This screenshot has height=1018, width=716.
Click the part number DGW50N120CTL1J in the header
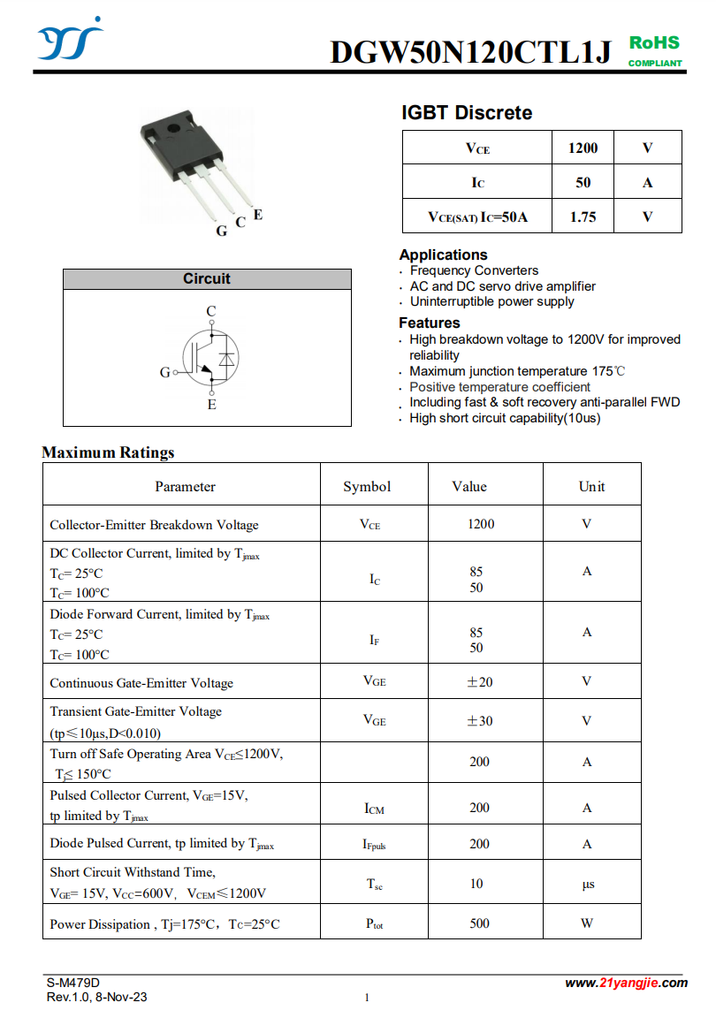470,53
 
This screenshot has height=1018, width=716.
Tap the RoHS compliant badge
655,51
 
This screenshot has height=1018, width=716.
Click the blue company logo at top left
70,41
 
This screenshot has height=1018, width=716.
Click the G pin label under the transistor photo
221,231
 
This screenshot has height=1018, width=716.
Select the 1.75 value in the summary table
583,217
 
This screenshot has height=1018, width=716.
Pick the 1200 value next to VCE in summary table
583,148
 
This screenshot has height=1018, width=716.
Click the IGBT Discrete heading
467,113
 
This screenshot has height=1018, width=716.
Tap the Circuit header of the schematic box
207,279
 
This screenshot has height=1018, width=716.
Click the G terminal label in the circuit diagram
164,373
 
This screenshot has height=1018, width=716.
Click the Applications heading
443,254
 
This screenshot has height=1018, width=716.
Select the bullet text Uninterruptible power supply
491,301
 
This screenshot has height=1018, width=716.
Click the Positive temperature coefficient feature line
499,387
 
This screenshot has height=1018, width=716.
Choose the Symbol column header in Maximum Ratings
367,487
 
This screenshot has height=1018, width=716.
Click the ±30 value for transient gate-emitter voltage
479,721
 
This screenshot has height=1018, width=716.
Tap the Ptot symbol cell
375,924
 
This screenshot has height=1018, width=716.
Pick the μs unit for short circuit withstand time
588,885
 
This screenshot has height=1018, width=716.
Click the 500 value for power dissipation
479,923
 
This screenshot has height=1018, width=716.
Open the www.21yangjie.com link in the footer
626,983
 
